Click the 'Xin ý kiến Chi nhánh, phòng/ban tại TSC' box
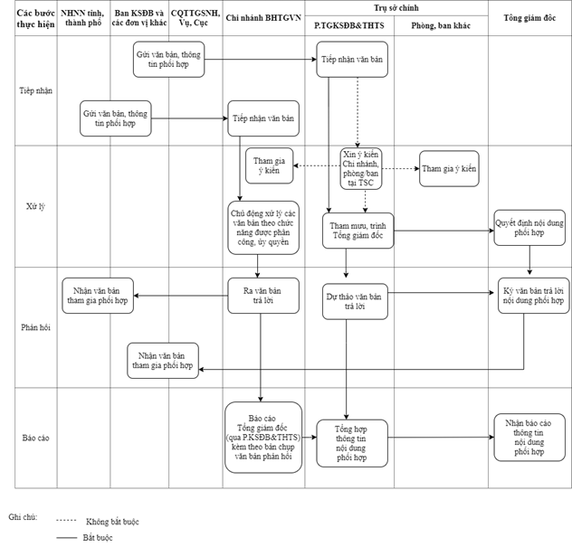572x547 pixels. click(x=361, y=168)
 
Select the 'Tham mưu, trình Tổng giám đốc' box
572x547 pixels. click(x=357, y=230)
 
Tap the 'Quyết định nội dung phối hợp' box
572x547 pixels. click(x=529, y=226)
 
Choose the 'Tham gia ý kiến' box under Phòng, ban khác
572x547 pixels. click(x=449, y=169)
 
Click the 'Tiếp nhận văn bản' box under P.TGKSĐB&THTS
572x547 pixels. click(x=353, y=70)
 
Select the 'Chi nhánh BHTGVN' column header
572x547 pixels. click(x=262, y=17)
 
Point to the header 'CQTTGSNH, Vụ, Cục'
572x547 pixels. click(x=195, y=17)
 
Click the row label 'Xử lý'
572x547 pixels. click(x=36, y=206)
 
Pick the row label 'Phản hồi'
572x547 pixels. click(x=36, y=326)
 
